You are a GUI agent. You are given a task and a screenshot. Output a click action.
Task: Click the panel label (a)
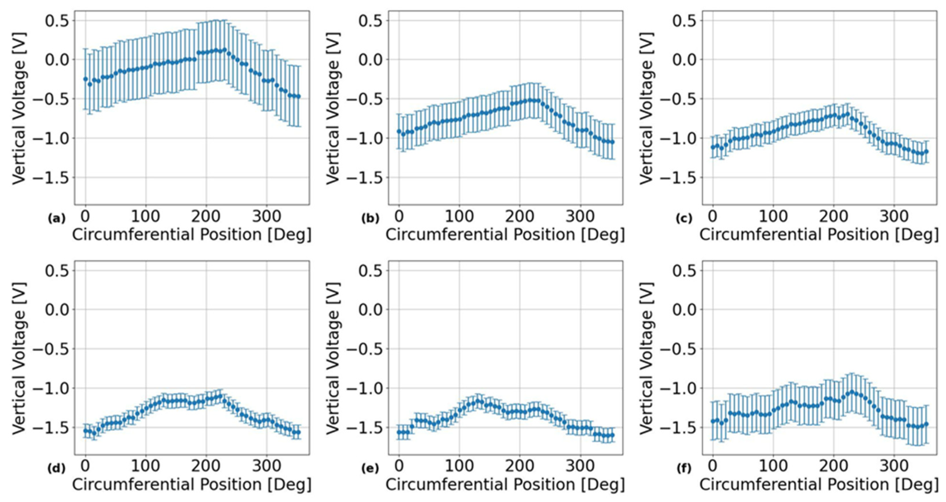click(x=57, y=219)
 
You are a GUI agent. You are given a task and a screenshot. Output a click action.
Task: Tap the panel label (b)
click(x=370, y=219)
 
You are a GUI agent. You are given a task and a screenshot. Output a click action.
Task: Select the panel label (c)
click(x=684, y=219)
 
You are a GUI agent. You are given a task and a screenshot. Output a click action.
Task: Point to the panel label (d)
click(x=57, y=469)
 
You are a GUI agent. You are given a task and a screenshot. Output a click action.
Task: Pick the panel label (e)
click(x=370, y=469)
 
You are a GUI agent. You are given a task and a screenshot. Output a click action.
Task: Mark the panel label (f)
click(x=684, y=469)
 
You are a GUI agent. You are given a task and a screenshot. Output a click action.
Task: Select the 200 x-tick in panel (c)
click(x=833, y=217)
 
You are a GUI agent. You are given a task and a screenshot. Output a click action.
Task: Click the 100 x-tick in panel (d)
click(x=145, y=467)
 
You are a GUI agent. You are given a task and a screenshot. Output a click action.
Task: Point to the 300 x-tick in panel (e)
click(x=580, y=467)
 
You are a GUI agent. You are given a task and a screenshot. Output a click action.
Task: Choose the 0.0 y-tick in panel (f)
click(x=685, y=309)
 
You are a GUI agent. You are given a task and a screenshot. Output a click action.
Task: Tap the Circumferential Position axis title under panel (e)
click(x=505, y=485)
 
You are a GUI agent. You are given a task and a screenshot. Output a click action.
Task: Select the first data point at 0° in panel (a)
click(x=86, y=79)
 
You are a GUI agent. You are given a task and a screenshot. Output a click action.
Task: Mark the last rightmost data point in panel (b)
click(x=612, y=142)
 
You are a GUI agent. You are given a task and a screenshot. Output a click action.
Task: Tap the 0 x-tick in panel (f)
click(x=713, y=467)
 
